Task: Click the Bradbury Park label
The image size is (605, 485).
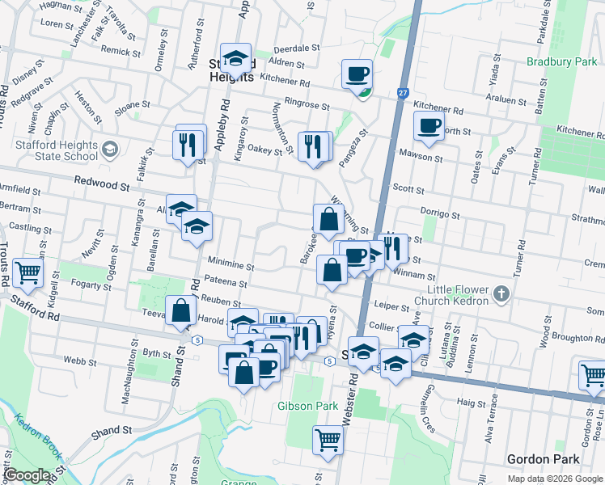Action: [x=561, y=61]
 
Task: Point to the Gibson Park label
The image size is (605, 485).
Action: [x=302, y=406]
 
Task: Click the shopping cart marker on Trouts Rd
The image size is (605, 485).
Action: [x=28, y=275]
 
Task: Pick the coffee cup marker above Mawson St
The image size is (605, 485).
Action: [x=429, y=126]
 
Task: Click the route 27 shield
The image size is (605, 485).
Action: [x=402, y=93]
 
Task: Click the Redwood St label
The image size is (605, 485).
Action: [x=101, y=185]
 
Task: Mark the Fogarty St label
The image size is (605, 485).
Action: [x=91, y=286]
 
